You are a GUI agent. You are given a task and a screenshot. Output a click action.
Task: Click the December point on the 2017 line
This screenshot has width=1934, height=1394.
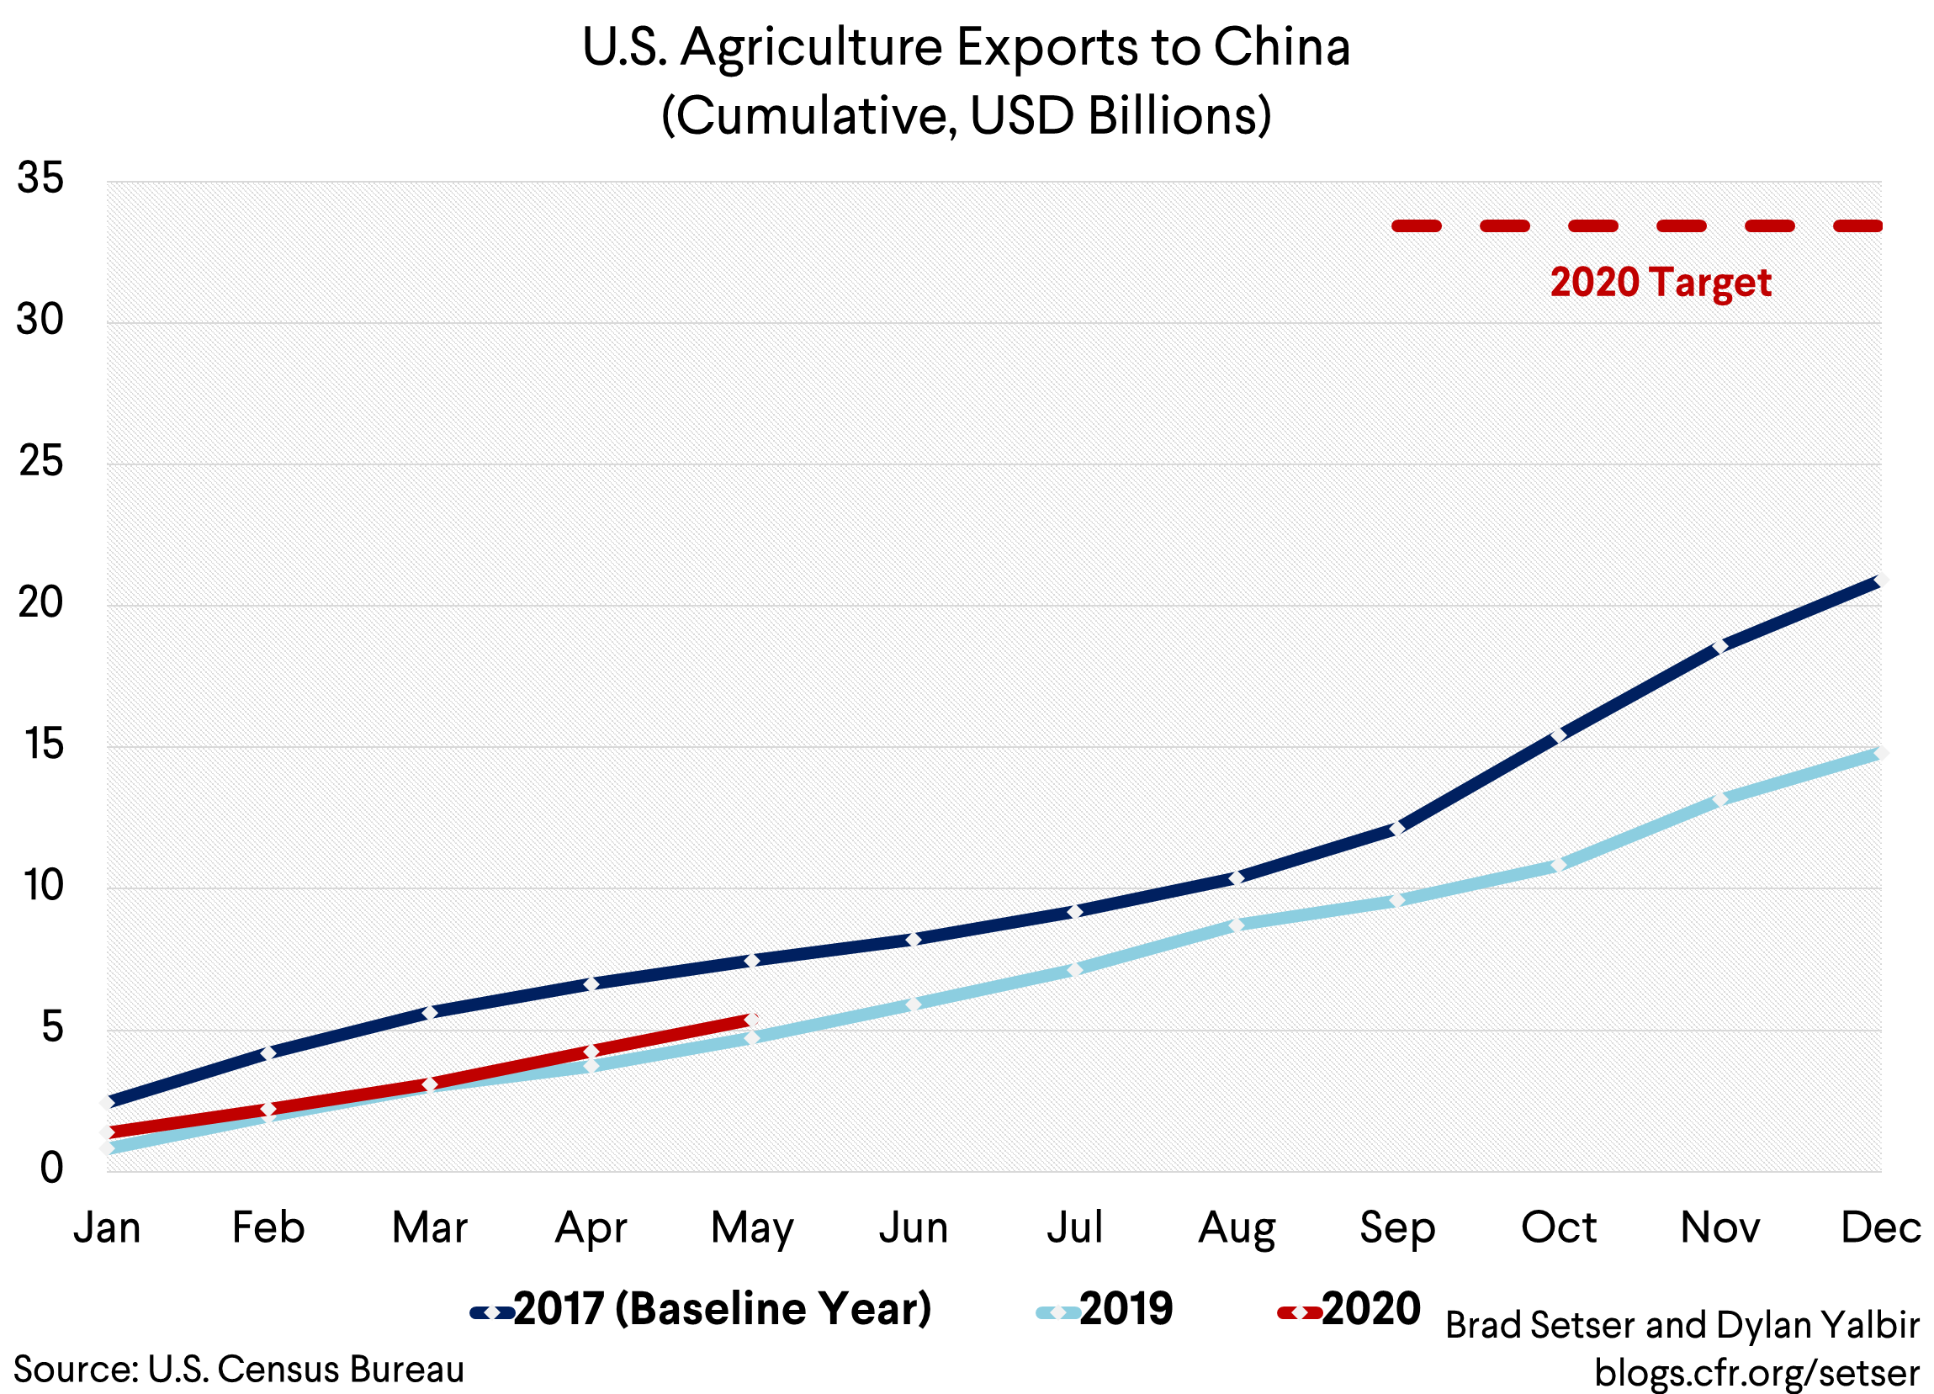click(1880, 580)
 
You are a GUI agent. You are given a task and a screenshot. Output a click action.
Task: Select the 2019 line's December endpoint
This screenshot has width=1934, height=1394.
click(1880, 753)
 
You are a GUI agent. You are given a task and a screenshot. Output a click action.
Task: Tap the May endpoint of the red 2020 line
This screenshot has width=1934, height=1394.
click(751, 1020)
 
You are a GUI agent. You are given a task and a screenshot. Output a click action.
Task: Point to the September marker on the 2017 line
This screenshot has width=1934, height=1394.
click(1396, 828)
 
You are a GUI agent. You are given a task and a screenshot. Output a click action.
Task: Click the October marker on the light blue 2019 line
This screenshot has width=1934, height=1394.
click(1558, 865)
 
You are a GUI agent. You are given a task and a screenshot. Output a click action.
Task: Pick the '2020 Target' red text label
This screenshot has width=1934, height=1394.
click(1661, 282)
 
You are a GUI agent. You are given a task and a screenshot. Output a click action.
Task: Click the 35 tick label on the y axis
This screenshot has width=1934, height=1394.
click(40, 179)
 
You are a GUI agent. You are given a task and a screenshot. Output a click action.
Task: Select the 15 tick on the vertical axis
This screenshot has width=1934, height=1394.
click(43, 745)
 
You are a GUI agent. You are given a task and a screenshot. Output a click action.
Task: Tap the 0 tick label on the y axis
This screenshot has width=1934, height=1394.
click(51, 1168)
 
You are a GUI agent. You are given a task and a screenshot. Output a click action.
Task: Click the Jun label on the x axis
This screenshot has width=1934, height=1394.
click(914, 1228)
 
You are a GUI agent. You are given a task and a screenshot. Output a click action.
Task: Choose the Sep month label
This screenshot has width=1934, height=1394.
click(1396, 1228)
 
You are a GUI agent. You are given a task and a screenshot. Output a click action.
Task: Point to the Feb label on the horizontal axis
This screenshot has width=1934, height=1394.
click(268, 1228)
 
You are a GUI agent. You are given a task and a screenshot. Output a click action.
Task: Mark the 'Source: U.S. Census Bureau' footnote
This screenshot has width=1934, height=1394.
click(239, 1370)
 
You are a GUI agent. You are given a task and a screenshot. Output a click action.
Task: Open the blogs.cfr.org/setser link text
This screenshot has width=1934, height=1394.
click(1756, 1373)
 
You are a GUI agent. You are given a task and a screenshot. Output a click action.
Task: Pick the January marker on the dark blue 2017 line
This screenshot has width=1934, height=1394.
click(108, 1102)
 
